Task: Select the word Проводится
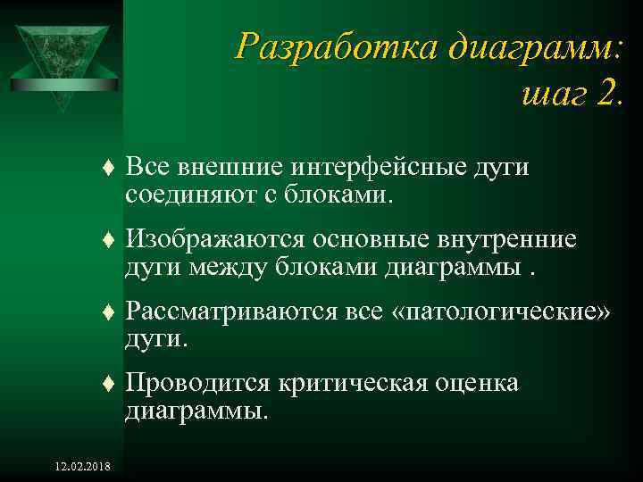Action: point(198,385)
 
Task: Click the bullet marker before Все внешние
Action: point(108,167)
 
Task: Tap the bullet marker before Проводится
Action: point(108,386)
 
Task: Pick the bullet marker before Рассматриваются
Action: point(108,313)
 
